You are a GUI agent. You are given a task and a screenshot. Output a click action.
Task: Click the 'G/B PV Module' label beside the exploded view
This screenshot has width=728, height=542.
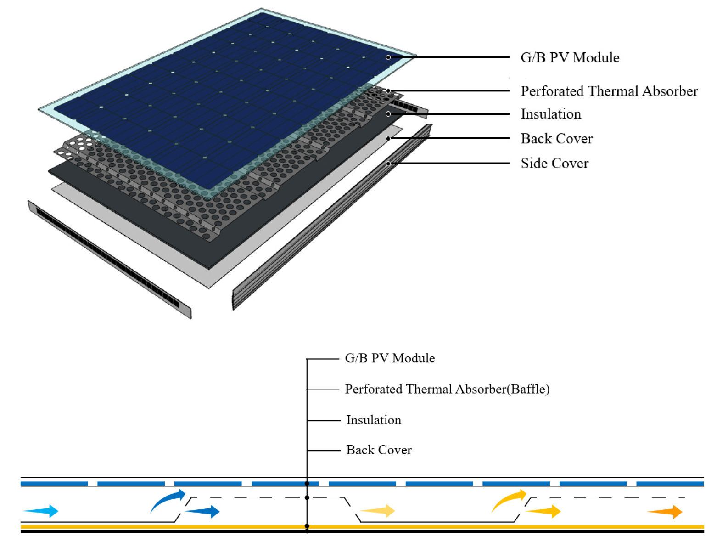(x=570, y=58)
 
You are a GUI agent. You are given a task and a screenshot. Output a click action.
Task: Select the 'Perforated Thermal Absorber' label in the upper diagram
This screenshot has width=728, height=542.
(x=609, y=91)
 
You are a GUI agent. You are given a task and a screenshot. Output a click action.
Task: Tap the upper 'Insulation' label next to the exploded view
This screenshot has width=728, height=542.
(x=551, y=114)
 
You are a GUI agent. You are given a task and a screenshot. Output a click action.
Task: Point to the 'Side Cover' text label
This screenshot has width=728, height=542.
(x=554, y=163)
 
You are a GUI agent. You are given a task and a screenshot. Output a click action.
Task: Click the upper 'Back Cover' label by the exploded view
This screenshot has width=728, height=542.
(x=557, y=139)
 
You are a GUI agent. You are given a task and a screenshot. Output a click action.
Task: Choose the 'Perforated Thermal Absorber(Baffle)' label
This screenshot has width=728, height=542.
(x=447, y=389)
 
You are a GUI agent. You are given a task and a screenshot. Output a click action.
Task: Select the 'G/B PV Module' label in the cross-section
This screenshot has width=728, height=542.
(x=390, y=358)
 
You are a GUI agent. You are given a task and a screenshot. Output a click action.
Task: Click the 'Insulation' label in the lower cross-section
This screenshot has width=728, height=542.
(x=374, y=420)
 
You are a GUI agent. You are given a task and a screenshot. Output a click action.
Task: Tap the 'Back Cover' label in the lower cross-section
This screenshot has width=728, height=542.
(x=379, y=450)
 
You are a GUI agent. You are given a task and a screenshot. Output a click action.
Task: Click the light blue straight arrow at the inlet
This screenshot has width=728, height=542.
(x=41, y=511)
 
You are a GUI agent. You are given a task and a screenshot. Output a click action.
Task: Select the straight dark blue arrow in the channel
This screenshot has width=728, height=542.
(x=202, y=511)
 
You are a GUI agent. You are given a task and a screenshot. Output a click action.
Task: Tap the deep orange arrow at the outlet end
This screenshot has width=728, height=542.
(x=664, y=511)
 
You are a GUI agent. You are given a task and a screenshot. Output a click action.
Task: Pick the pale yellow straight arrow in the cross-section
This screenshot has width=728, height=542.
(x=377, y=511)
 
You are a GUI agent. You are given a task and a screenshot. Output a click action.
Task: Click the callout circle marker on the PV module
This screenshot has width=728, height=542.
(x=388, y=57)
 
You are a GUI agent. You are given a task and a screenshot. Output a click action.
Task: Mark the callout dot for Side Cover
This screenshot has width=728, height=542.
(x=388, y=163)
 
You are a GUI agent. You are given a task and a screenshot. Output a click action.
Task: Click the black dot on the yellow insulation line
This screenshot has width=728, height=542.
(x=307, y=526)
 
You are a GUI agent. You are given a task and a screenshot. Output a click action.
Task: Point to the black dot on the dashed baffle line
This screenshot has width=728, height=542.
(x=307, y=497)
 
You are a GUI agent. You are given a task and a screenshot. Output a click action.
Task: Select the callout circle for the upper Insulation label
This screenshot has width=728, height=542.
(x=388, y=114)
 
